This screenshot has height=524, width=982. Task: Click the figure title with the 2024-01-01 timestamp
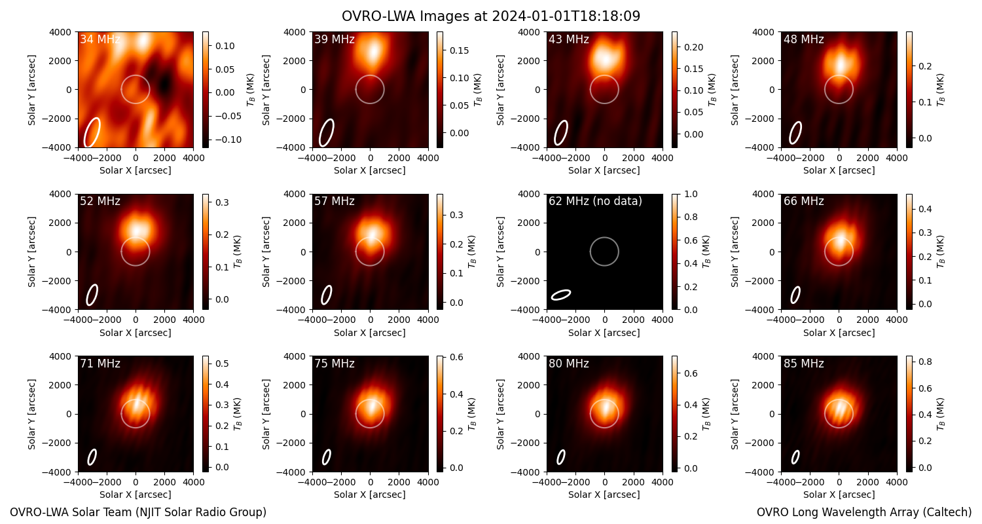click(491, 16)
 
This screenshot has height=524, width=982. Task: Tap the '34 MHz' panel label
click(100, 39)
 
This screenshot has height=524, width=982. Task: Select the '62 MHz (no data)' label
click(595, 201)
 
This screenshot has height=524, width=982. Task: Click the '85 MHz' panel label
click(803, 364)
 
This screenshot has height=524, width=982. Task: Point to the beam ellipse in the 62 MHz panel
click(561, 295)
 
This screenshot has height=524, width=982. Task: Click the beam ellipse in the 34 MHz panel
click(92, 132)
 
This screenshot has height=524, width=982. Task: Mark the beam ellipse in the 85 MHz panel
click(795, 457)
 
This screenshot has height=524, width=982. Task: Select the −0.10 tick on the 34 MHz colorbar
click(227, 140)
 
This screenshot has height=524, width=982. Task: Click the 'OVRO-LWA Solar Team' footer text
click(138, 512)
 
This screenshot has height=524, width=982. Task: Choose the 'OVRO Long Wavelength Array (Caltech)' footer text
click(864, 512)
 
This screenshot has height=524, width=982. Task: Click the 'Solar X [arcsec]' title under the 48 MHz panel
click(839, 170)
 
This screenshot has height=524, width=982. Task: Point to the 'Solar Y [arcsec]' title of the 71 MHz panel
click(31, 414)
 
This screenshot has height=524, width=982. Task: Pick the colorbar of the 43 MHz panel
click(675, 90)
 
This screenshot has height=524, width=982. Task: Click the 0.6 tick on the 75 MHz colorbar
click(456, 357)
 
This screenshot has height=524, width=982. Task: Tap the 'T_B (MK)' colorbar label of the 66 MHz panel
click(941, 252)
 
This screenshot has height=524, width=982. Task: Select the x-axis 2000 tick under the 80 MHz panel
click(634, 482)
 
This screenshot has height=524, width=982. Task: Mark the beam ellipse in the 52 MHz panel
click(92, 295)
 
